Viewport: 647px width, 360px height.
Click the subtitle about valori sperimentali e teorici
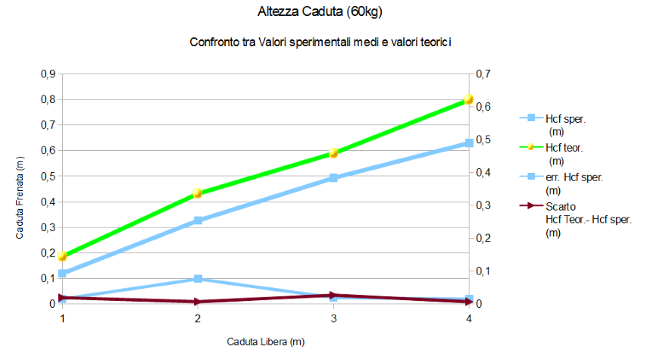(x=320, y=42)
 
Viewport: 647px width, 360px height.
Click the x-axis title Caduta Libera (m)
(x=266, y=342)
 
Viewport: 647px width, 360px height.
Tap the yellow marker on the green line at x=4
(x=468, y=100)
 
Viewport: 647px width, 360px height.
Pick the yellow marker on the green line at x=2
(x=198, y=193)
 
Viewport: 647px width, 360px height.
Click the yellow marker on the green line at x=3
(x=333, y=153)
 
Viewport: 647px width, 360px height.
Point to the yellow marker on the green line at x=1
(x=62, y=256)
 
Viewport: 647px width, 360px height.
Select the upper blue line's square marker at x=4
(x=469, y=142)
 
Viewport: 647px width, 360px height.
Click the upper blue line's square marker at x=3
(x=333, y=178)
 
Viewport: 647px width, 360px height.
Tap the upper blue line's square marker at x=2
(x=198, y=221)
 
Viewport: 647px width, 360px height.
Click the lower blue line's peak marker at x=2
(x=198, y=279)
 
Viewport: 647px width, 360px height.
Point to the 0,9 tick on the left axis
(x=47, y=74)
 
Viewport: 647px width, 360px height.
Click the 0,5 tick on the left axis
(x=47, y=177)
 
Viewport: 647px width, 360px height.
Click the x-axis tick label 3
(x=333, y=319)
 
